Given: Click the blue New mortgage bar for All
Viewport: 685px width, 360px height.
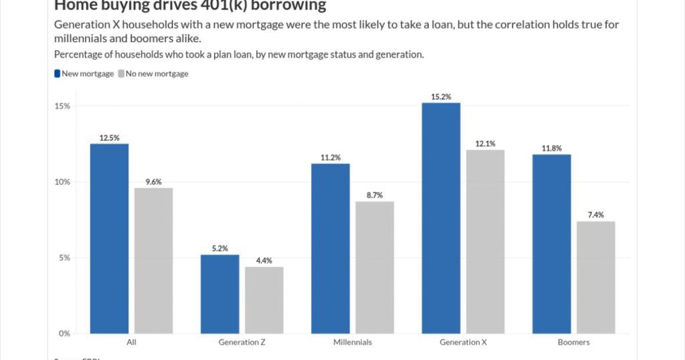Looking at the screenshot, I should (110, 238).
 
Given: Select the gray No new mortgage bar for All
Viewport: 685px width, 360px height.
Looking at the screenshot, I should (153, 260).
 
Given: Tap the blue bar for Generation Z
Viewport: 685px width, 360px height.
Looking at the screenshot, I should (220, 294).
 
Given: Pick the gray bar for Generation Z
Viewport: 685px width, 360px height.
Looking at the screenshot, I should (264, 300).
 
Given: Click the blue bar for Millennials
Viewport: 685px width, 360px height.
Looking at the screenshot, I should (330, 248).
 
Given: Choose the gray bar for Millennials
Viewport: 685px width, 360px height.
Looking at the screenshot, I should (374, 267).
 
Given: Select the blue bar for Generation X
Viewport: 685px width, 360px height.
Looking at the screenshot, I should (441, 218).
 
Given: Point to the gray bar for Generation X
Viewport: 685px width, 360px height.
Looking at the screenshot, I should (485, 242).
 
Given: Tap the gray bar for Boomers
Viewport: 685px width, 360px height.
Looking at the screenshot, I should (595, 277).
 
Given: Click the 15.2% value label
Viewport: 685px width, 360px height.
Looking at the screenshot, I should (441, 96).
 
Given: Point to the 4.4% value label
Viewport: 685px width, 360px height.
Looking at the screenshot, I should (264, 261).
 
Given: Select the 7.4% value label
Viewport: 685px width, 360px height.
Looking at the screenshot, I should (595, 215).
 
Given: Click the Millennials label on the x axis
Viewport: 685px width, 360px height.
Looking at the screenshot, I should (353, 342).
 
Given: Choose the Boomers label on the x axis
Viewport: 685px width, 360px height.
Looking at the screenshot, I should (573, 342).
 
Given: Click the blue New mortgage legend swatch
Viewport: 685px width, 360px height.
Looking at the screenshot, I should (57, 74).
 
